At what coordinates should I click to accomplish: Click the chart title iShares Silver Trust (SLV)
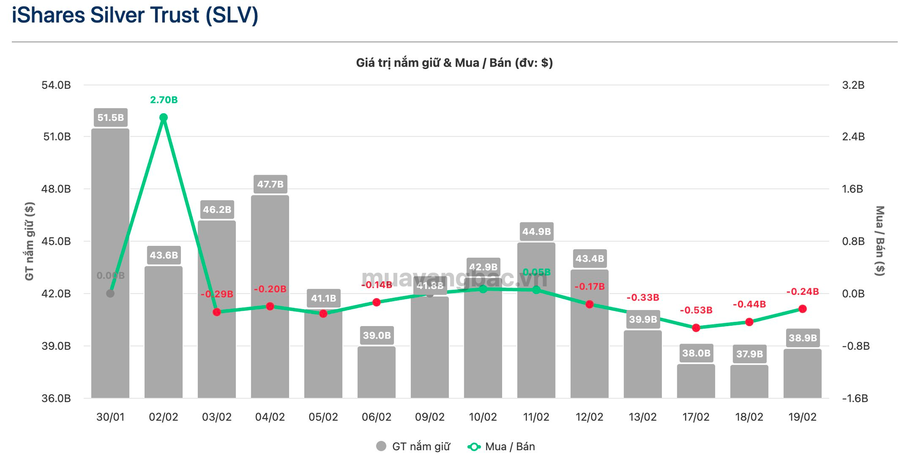(135, 15)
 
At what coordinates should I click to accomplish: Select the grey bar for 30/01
(110, 330)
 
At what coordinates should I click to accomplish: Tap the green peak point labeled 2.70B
(163, 118)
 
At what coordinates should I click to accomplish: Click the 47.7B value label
(270, 184)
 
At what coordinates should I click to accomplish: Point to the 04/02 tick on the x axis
(270, 417)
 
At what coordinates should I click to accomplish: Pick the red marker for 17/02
(696, 328)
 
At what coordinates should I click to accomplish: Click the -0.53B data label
(696, 310)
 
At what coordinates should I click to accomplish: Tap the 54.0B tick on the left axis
(57, 85)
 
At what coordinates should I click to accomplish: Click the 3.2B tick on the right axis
(853, 85)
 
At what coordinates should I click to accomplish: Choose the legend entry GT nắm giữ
(413, 446)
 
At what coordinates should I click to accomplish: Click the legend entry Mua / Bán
(502, 446)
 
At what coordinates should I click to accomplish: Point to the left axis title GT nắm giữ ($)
(29, 241)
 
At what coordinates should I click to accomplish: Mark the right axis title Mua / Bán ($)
(880, 241)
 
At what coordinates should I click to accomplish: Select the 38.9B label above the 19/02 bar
(803, 338)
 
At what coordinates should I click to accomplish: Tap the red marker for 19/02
(803, 309)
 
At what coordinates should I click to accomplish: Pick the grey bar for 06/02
(376, 373)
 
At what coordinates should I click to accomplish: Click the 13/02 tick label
(642, 417)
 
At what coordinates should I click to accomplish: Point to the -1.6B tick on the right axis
(855, 398)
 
